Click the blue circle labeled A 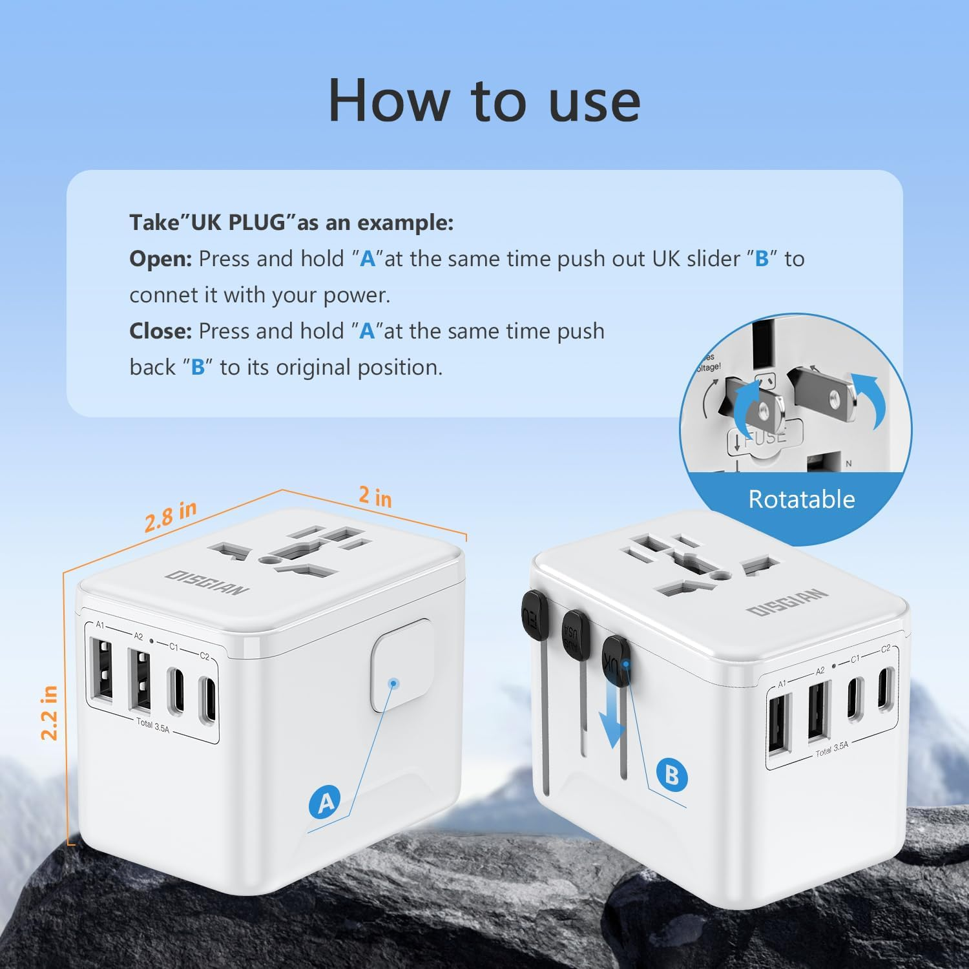click(326, 802)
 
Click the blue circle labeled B click(671, 775)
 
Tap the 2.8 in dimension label click(170, 516)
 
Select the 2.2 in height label click(49, 713)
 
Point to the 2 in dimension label click(375, 497)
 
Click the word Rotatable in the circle click(801, 499)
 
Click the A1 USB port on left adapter click(103, 669)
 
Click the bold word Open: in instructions click(161, 259)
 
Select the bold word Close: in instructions click(161, 331)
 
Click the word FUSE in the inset click(766, 437)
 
